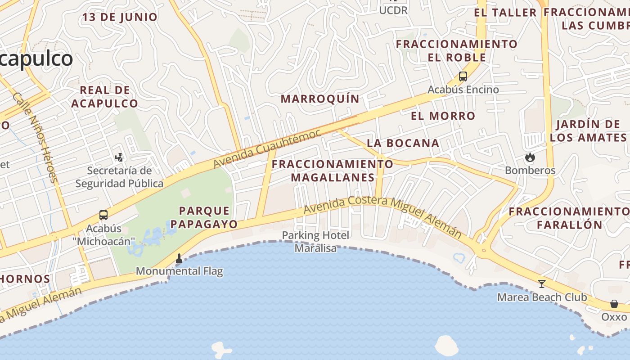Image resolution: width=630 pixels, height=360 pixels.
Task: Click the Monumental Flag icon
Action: pyautogui.click(x=179, y=258)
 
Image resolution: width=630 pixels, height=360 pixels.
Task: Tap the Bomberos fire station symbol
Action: pyautogui.click(x=530, y=157)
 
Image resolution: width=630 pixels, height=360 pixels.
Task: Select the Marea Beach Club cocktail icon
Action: pyautogui.click(x=542, y=284)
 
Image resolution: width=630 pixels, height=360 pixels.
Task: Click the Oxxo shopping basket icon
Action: pyautogui.click(x=614, y=304)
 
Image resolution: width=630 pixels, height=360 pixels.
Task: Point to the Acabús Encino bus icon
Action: pyautogui.click(x=463, y=76)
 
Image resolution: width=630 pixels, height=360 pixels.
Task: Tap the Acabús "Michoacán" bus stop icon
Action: pyautogui.click(x=103, y=215)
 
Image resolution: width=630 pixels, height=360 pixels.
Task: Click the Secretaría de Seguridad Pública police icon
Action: pyautogui.click(x=119, y=157)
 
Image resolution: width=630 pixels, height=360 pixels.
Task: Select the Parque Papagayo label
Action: pyautogui.click(x=204, y=217)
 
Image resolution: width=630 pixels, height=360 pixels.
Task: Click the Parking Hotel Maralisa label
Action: pyautogui.click(x=315, y=241)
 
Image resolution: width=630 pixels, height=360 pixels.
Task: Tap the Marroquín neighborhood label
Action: pyautogui.click(x=320, y=99)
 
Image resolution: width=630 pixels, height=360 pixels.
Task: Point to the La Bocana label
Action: pyautogui.click(x=403, y=143)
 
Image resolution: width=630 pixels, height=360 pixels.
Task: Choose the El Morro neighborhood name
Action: pyautogui.click(x=443, y=116)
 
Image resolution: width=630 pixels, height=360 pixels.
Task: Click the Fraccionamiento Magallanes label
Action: pyautogui.click(x=333, y=171)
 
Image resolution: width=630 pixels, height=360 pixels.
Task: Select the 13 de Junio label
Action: pyautogui.click(x=120, y=18)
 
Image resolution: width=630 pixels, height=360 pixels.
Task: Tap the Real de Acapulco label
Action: pyautogui.click(x=105, y=97)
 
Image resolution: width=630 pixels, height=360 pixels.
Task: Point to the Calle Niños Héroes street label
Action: pyautogui.click(x=36, y=137)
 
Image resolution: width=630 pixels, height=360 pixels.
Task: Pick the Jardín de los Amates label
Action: pyautogui.click(x=588, y=131)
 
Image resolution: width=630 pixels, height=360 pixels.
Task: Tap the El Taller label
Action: pyautogui.click(x=505, y=13)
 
